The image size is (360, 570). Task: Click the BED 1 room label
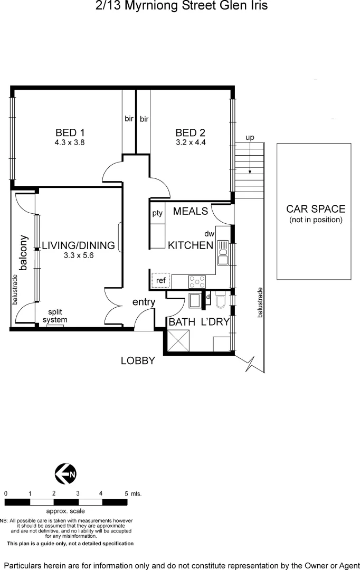tap(70, 132)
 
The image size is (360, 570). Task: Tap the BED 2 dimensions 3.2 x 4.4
tap(190, 142)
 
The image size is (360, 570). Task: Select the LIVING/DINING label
tap(78, 245)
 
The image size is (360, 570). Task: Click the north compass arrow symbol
tap(66, 474)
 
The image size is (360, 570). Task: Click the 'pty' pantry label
tap(157, 213)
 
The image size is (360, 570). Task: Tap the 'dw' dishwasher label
tap(209, 234)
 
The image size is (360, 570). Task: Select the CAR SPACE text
tap(316, 209)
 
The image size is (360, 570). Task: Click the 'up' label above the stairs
tap(250, 138)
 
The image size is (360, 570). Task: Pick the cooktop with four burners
tap(197, 282)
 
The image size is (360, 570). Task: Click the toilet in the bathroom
tap(221, 301)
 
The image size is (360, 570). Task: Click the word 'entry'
tap(144, 302)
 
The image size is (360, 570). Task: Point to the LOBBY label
tap(138, 361)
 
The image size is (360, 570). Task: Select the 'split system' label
tap(55, 316)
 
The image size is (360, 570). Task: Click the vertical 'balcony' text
tap(23, 252)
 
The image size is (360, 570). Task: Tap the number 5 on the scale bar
tap(126, 493)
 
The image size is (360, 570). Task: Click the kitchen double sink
tap(222, 252)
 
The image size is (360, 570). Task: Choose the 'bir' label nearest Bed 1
tap(129, 119)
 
